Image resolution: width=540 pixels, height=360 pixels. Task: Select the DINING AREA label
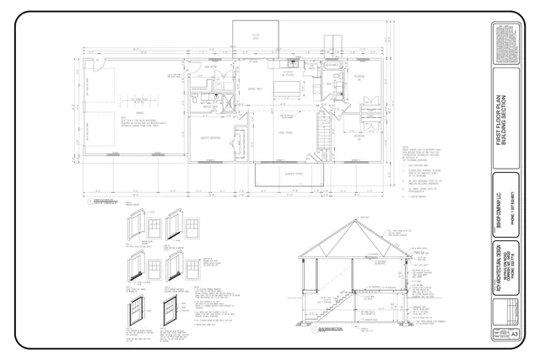coord(255,89)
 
